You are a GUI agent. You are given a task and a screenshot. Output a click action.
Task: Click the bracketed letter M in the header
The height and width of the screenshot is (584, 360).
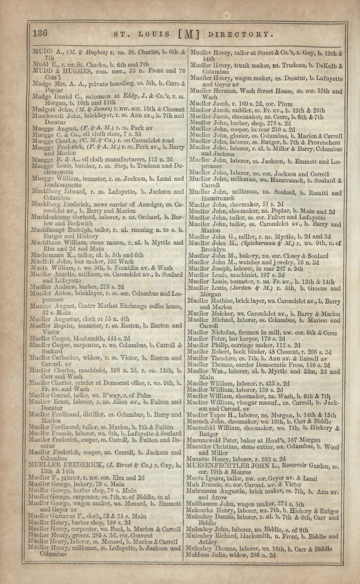(x=188, y=34)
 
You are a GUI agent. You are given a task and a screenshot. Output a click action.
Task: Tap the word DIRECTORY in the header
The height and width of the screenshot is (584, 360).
(x=233, y=34)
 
